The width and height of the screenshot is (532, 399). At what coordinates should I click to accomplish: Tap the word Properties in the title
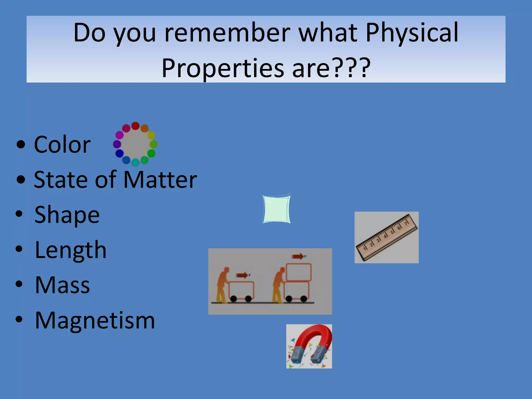pos(223,69)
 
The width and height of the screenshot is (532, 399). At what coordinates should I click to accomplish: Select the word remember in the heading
pos(227,33)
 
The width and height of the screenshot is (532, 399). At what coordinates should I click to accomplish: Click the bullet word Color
pos(62,145)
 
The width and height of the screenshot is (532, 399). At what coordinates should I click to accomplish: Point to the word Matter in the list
pos(160,180)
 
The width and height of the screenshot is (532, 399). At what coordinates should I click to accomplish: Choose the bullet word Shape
pos(67,215)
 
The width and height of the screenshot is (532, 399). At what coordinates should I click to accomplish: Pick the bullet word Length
pos(71,250)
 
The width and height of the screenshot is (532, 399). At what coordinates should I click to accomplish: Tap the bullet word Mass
pos(62,285)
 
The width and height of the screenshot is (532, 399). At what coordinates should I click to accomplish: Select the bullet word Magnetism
pos(95,321)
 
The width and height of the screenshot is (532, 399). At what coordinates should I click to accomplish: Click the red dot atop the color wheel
pos(135,126)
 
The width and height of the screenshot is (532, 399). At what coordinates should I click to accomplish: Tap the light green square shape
pos(276,209)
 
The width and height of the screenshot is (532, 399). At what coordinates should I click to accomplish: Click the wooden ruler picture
pos(387,237)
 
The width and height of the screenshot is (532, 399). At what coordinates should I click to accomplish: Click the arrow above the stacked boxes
pos(298,257)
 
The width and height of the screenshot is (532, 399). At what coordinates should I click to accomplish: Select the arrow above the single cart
pos(242,275)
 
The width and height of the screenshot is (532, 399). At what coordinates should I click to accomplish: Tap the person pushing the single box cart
pos(223,284)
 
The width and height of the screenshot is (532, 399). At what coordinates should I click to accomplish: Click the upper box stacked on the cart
pos(298,272)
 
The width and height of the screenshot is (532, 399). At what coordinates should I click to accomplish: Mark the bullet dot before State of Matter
pos(21,179)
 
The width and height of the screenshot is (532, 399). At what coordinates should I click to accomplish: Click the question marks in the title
pos(351,69)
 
